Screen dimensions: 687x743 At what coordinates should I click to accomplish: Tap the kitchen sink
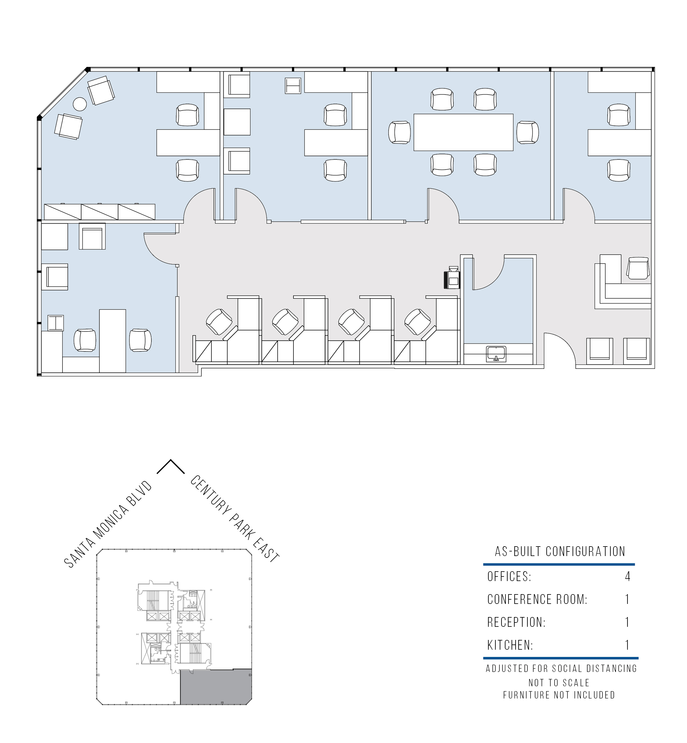pos(496,354)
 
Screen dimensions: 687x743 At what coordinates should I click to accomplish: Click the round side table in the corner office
pos(80,104)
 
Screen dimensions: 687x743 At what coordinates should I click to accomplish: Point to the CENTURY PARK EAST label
pos(235,519)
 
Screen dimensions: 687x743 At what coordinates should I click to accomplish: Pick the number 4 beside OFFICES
pos(628,576)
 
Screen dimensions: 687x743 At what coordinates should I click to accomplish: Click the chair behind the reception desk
pos(638,268)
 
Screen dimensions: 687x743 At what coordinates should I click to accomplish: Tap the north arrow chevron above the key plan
pos(171,466)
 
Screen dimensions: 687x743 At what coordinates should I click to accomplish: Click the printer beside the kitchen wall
pos(452,278)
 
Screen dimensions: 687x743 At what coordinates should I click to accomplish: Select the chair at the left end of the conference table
pos(400,132)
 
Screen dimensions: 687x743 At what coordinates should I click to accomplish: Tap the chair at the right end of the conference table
pos(527,132)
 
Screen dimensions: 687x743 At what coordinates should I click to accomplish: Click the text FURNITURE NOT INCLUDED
pos(559,695)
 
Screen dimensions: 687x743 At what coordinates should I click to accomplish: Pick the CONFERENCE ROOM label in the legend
pos(537,599)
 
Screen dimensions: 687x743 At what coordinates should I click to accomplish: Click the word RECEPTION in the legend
pos(516,622)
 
